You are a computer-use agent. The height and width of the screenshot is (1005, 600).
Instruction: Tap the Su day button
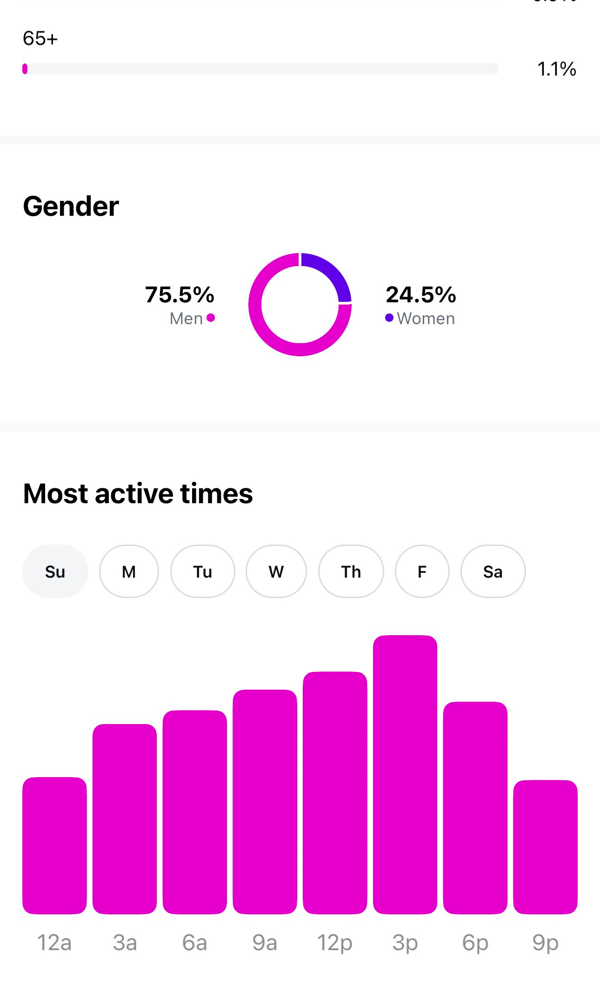click(x=55, y=571)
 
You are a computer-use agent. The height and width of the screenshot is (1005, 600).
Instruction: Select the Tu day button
click(x=202, y=571)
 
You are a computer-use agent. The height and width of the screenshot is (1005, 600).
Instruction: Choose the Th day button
click(x=351, y=571)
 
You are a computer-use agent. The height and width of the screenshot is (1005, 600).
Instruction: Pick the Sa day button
click(x=493, y=571)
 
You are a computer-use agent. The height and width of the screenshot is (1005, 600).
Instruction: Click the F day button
click(x=422, y=571)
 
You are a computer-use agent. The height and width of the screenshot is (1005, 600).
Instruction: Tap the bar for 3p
click(x=405, y=774)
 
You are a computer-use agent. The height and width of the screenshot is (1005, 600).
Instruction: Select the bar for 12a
click(x=54, y=845)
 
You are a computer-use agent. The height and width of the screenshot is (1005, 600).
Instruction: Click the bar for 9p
click(x=545, y=846)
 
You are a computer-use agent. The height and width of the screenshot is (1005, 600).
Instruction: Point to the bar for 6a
click(x=194, y=812)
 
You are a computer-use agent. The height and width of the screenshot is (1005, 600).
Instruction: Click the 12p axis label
click(x=334, y=943)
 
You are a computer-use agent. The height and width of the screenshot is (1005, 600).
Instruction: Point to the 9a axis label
click(x=265, y=943)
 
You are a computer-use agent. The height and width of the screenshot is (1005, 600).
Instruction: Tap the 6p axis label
click(x=475, y=943)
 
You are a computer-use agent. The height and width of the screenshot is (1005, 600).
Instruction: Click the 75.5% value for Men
click(x=180, y=294)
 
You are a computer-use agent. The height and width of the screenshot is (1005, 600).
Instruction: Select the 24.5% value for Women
click(x=421, y=294)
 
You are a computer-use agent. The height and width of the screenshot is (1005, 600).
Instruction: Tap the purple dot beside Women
click(x=389, y=318)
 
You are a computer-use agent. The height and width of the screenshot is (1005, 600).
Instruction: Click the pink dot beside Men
click(x=211, y=318)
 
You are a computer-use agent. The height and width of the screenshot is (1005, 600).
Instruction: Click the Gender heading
click(x=71, y=206)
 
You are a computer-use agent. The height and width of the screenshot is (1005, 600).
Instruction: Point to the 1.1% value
click(x=556, y=69)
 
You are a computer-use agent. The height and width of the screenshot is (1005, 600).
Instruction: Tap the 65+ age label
click(x=40, y=39)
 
